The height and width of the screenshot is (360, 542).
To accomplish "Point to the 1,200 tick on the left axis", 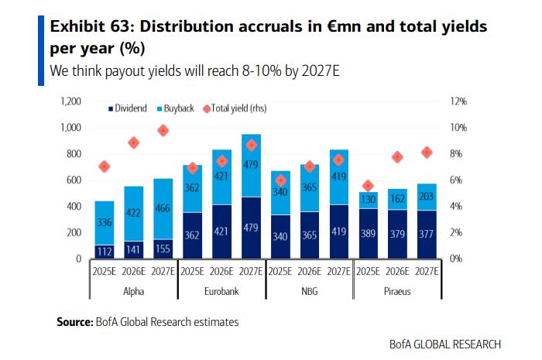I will pos(71,101).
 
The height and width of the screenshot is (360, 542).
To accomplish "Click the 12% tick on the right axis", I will pos(458,101).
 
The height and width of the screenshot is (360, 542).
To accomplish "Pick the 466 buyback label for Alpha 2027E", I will pos(163,209).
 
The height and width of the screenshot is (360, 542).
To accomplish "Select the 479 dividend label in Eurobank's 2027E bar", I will pos(250,229).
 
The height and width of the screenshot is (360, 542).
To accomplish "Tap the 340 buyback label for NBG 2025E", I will pos(280,192).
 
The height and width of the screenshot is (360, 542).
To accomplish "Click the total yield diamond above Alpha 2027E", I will pos(163,130).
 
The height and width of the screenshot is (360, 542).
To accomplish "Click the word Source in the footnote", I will pos(74,321).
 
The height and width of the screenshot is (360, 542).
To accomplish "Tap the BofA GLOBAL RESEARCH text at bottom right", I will pos(445,344).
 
